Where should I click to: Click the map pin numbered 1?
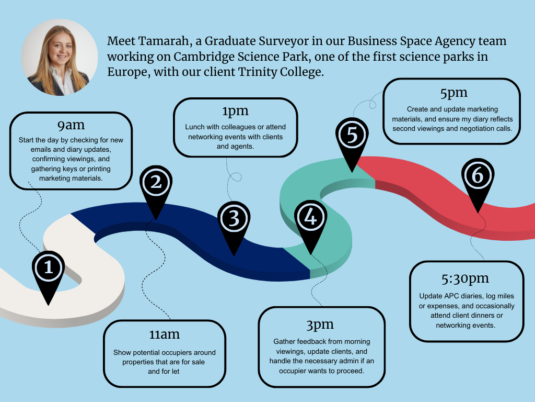[49, 269]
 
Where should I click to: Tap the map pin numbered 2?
[156, 184]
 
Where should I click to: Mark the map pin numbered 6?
[477, 178]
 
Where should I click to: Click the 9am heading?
[71, 126]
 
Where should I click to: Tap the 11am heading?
[165, 334]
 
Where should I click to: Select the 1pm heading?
[235, 111]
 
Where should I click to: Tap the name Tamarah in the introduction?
[162, 41]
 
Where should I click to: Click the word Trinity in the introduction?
[261, 72]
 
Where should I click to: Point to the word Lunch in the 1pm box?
[194, 127]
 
